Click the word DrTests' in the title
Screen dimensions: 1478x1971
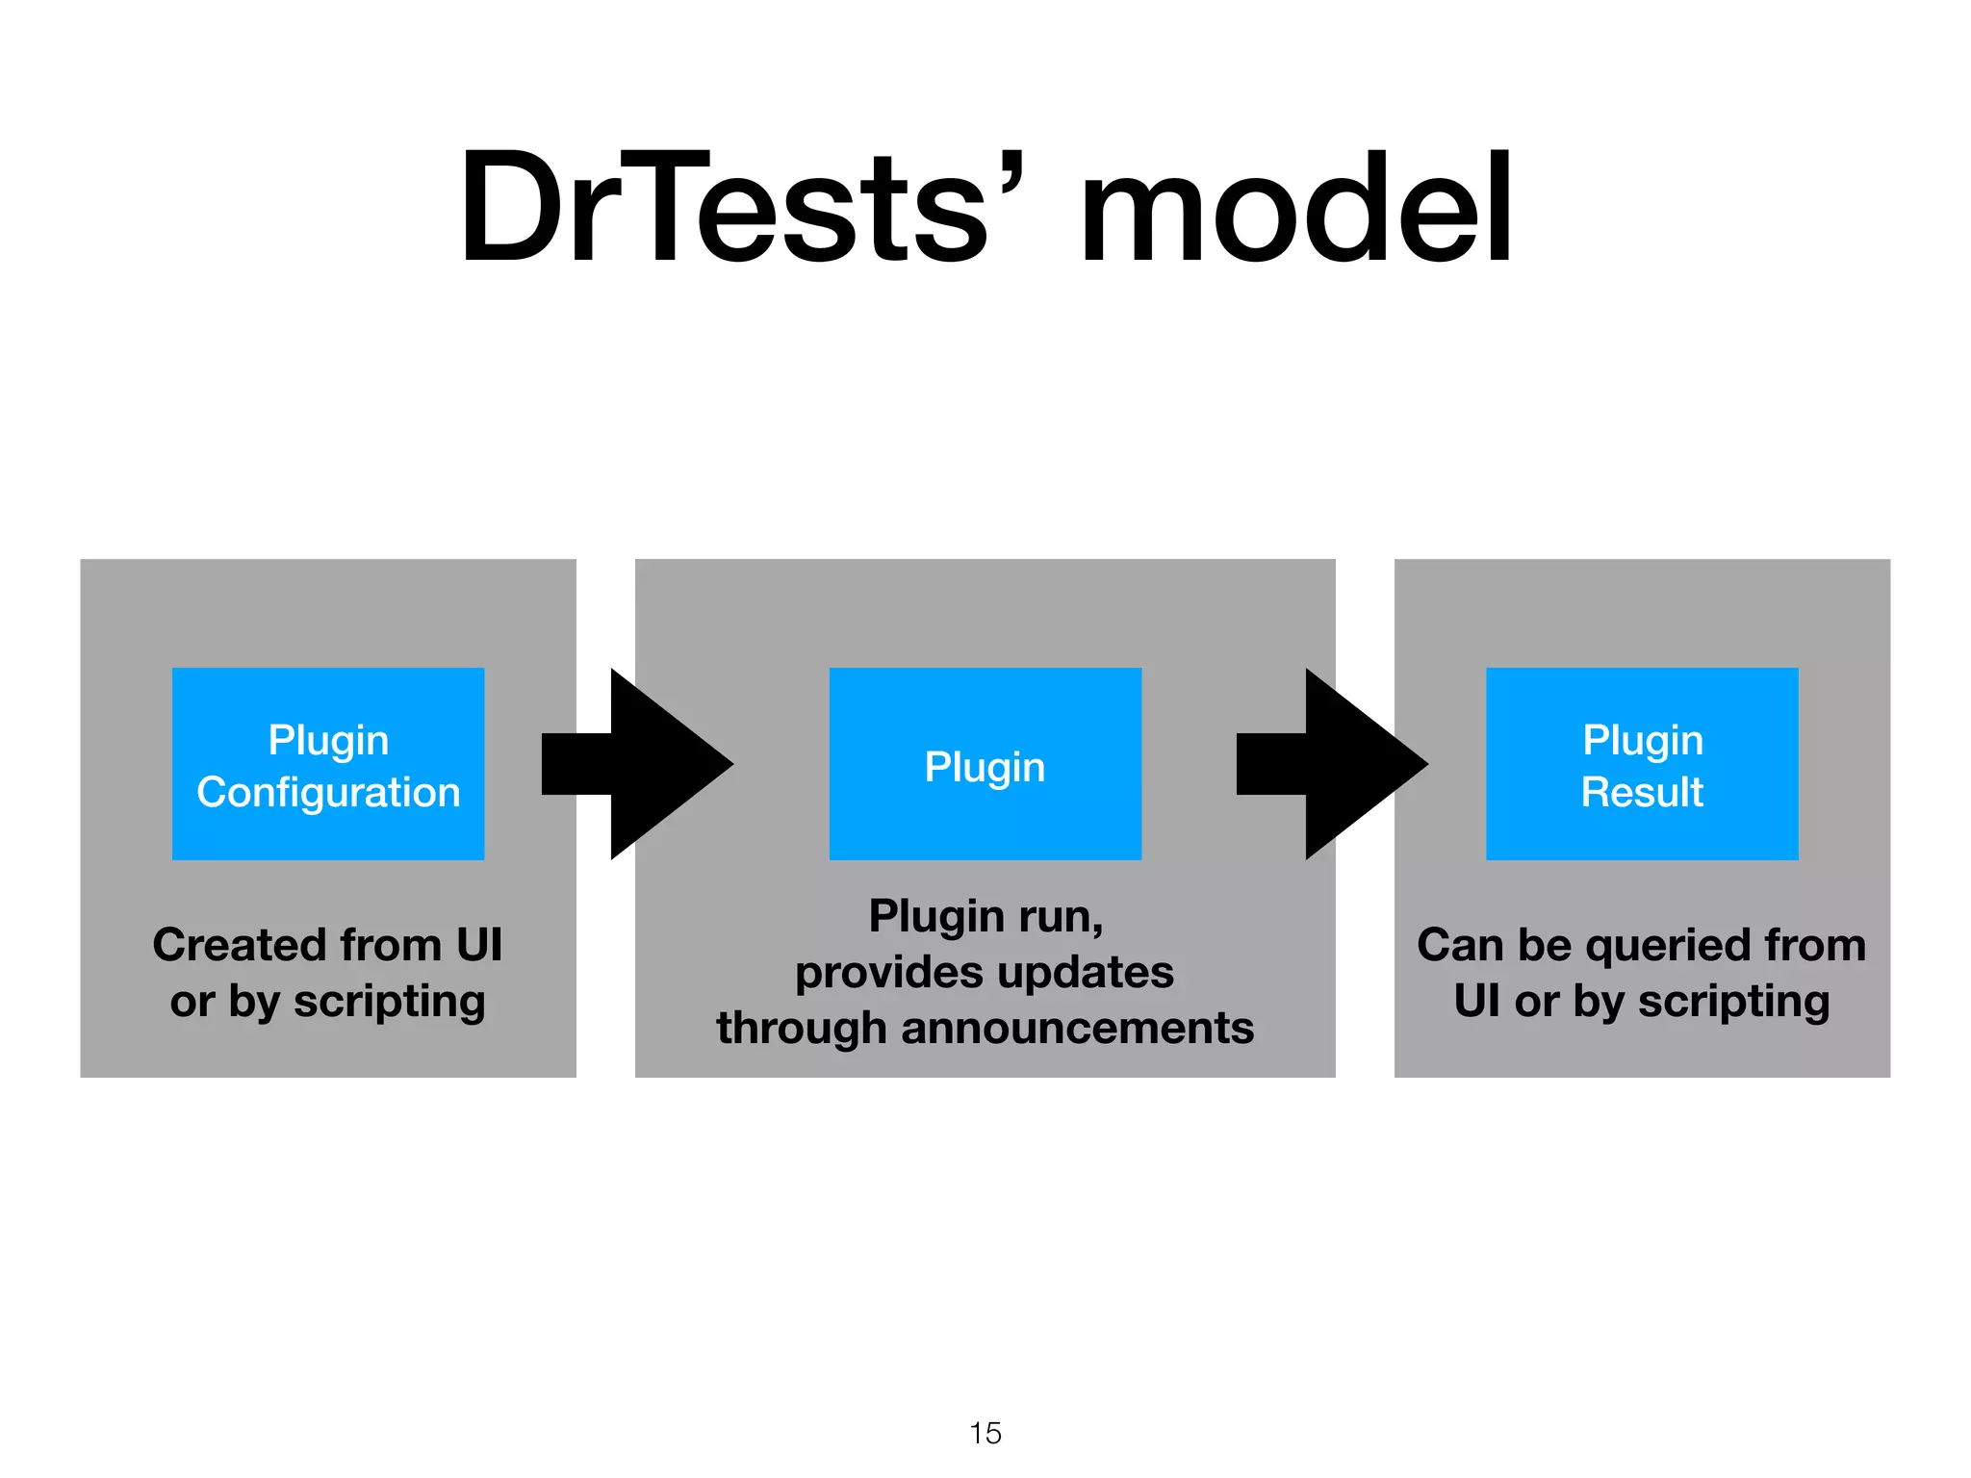coord(741,207)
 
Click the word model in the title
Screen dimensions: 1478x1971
coord(1294,207)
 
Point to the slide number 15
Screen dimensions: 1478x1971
coord(985,1433)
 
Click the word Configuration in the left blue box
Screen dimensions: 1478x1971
coord(328,793)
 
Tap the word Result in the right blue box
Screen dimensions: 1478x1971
coord(1642,793)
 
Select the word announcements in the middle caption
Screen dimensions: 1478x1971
coord(1077,1028)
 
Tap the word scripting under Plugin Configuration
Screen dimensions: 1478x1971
coord(389,1003)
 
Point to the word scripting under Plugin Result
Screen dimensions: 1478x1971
coord(1733,1003)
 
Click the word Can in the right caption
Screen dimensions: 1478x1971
coord(1459,945)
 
